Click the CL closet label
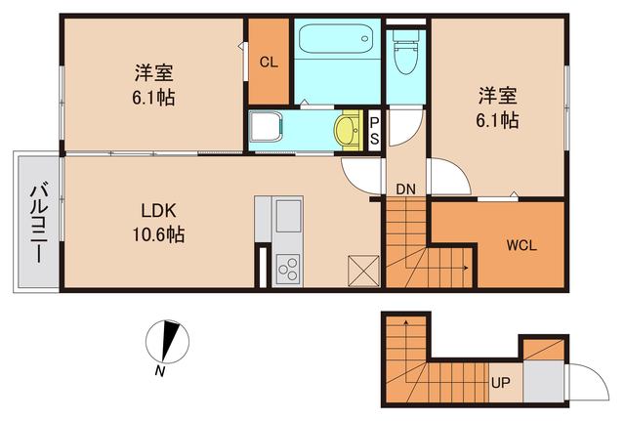click(x=269, y=62)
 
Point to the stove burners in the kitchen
click(x=289, y=266)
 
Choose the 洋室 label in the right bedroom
click(x=497, y=97)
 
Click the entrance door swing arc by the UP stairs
click(x=582, y=375)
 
